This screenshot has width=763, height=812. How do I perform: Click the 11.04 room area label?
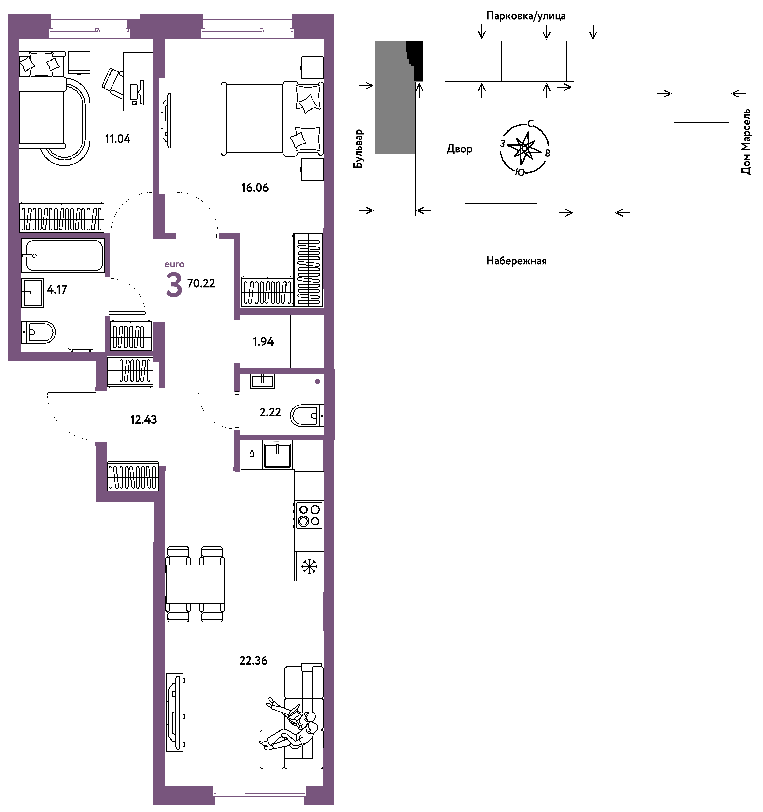click(x=118, y=139)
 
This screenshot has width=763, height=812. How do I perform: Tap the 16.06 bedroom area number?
click(x=255, y=188)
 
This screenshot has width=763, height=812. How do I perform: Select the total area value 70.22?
click(x=201, y=283)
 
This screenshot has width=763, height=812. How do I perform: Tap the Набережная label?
click(x=516, y=261)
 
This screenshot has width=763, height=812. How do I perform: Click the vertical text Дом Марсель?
click(x=746, y=142)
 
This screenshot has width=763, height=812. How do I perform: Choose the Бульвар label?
click(x=358, y=149)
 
